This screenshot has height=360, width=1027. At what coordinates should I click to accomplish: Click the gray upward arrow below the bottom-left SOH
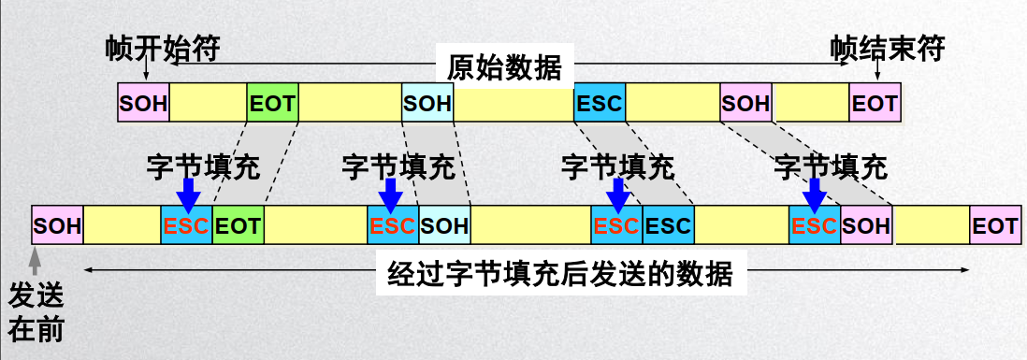[x=36, y=256]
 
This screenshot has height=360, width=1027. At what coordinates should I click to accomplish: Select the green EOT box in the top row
[x=272, y=103]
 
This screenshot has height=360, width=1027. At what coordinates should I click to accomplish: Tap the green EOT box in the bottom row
[x=238, y=225]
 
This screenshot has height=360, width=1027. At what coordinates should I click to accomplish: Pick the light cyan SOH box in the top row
[x=427, y=103]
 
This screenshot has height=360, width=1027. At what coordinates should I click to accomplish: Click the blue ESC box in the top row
[x=599, y=103]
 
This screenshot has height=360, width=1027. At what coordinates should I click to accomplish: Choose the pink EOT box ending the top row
[x=875, y=103]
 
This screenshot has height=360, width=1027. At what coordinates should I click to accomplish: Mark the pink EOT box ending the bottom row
[x=993, y=225]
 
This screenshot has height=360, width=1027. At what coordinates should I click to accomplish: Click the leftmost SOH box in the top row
[x=143, y=103]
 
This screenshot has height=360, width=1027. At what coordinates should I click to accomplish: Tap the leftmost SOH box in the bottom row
[x=57, y=225]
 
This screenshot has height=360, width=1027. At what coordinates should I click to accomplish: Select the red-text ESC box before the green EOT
[x=186, y=225]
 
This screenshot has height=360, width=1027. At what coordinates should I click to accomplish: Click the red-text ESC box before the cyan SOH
[x=392, y=225]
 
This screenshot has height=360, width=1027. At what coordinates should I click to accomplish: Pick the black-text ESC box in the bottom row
[x=668, y=225]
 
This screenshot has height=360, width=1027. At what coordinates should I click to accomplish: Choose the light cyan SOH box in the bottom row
[x=444, y=225]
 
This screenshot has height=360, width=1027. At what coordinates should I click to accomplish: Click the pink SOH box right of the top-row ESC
[x=745, y=103]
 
